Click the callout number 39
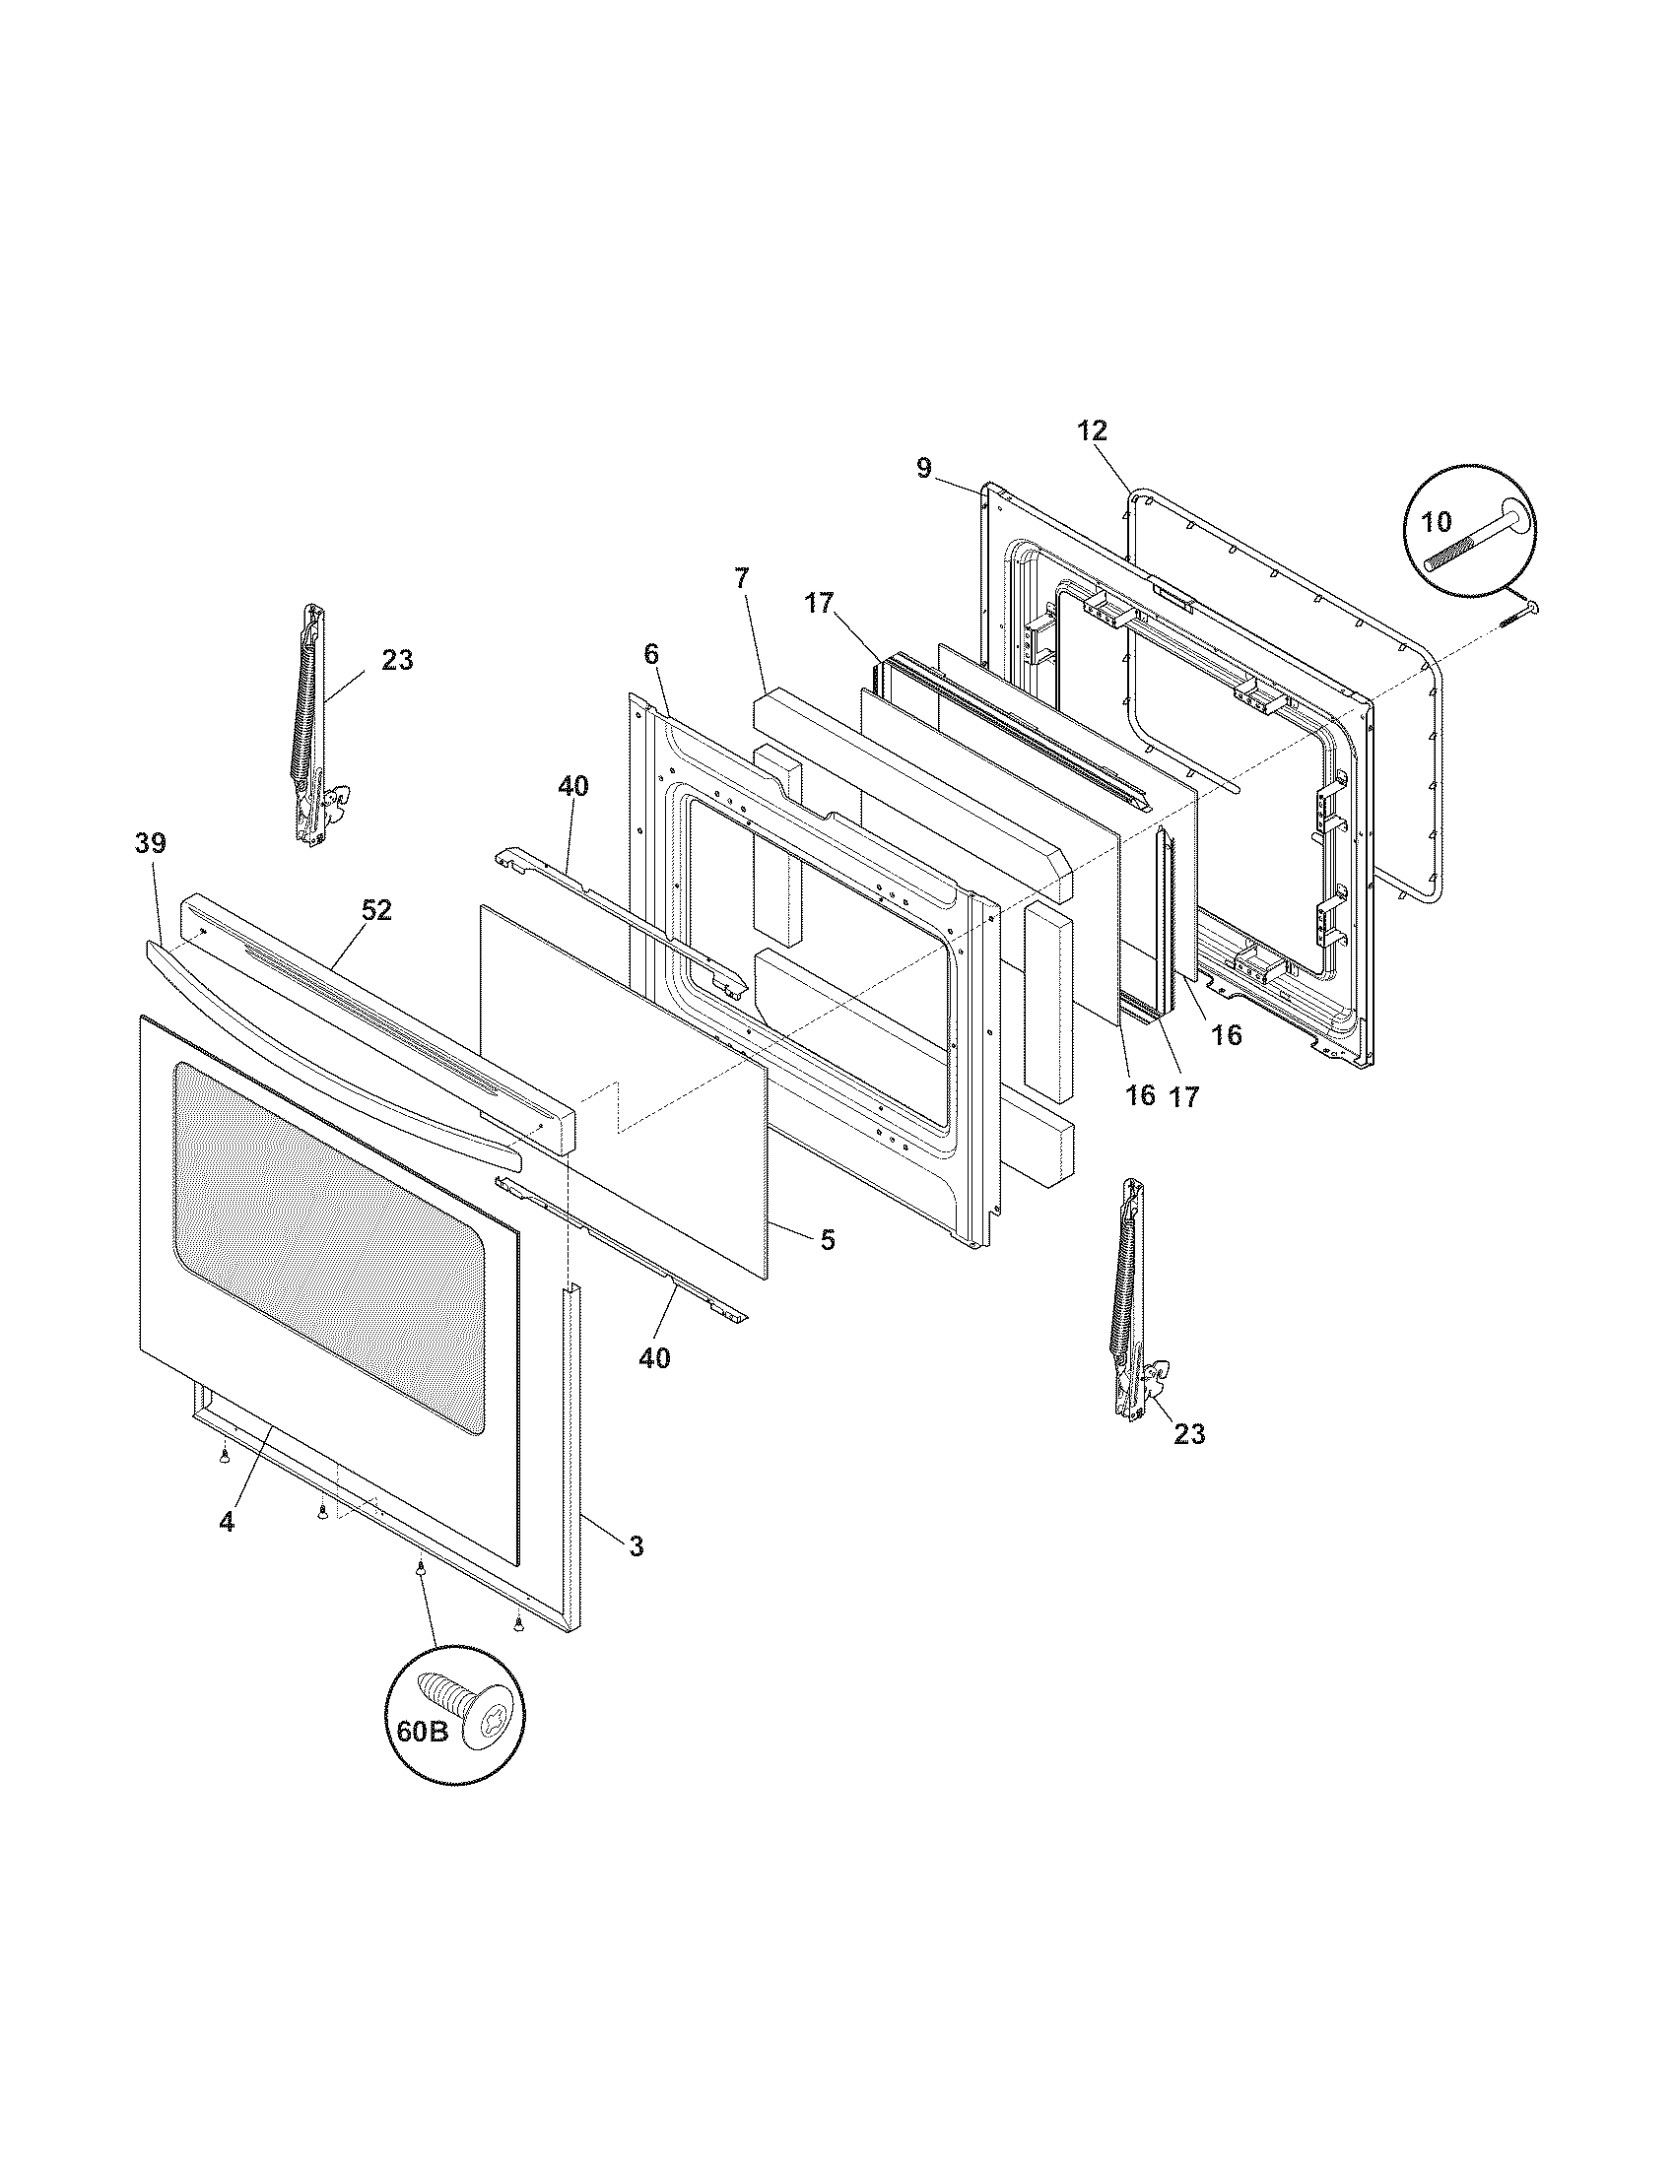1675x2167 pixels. pos(151,843)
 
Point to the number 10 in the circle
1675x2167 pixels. pos(1437,522)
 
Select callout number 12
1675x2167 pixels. pos(1092,430)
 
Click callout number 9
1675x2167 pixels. pos(924,468)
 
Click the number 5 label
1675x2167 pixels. pos(827,1239)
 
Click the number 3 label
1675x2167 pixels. pos(636,1544)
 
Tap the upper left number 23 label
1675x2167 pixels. pos(397,660)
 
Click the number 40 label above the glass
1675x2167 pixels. pos(572,786)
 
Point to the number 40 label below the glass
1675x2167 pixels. pos(654,1357)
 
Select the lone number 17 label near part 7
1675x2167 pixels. pos(820,602)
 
